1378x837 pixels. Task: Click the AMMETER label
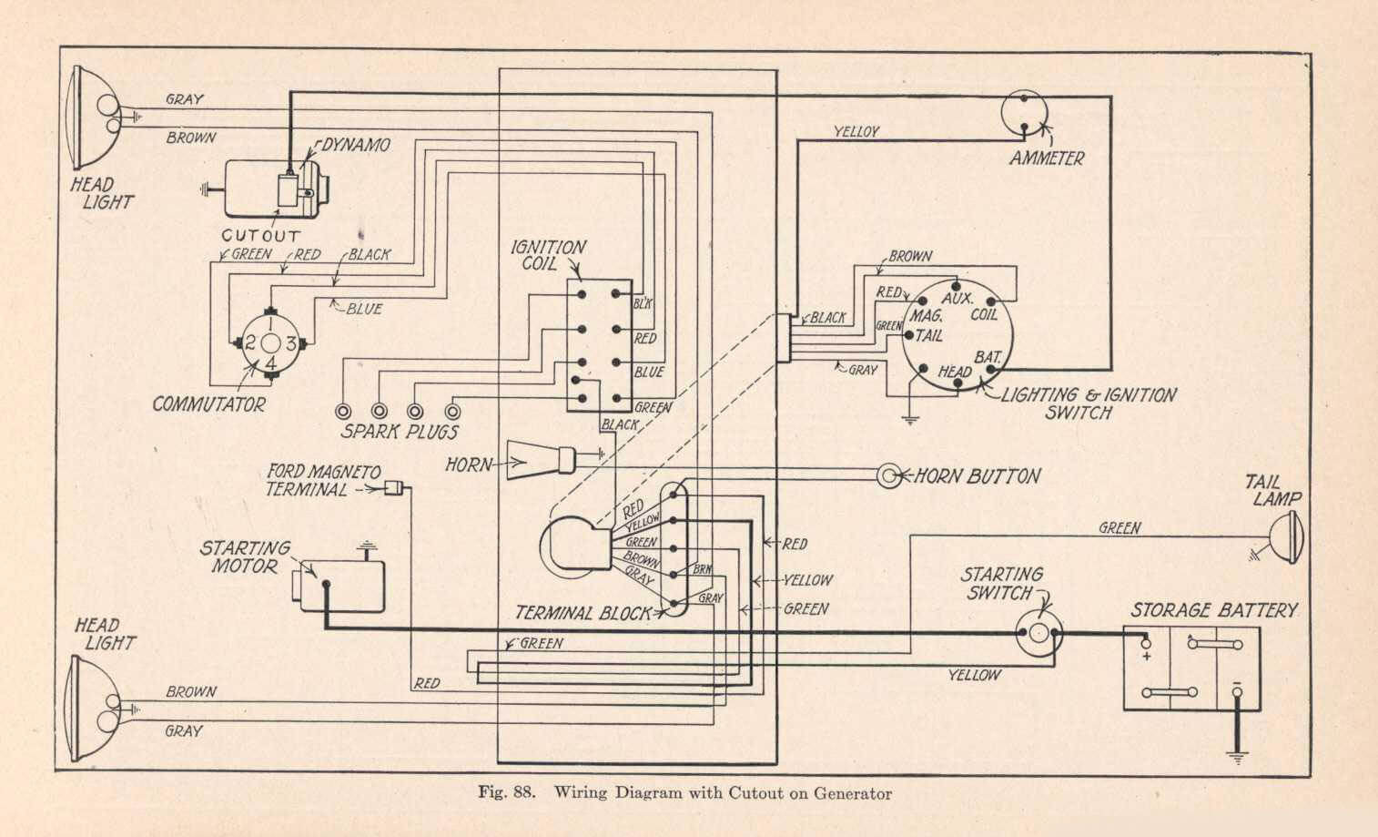pyautogui.click(x=1047, y=158)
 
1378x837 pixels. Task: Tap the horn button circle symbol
pyautogui.click(x=888, y=475)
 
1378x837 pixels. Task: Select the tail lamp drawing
pyautogui.click(x=1286, y=537)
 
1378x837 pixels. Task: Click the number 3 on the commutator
pyautogui.click(x=291, y=342)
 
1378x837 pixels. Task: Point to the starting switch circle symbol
pyautogui.click(x=1039, y=633)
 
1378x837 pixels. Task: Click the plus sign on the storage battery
pyautogui.click(x=1147, y=657)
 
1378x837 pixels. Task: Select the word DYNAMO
pyautogui.click(x=356, y=145)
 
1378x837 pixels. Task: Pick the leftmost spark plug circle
pyautogui.click(x=342, y=411)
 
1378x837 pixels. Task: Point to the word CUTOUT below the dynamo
pyautogui.click(x=261, y=236)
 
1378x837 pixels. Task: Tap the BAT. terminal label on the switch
pyautogui.click(x=988, y=357)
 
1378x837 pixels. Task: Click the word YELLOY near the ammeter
pyautogui.click(x=856, y=131)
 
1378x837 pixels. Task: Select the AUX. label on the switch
pyautogui.click(x=958, y=299)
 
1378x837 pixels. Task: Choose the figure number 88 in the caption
pyautogui.click(x=523, y=792)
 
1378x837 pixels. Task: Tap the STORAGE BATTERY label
pyautogui.click(x=1214, y=610)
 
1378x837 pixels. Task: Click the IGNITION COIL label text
pyautogui.click(x=548, y=255)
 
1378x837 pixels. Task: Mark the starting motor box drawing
pyautogui.click(x=339, y=586)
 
